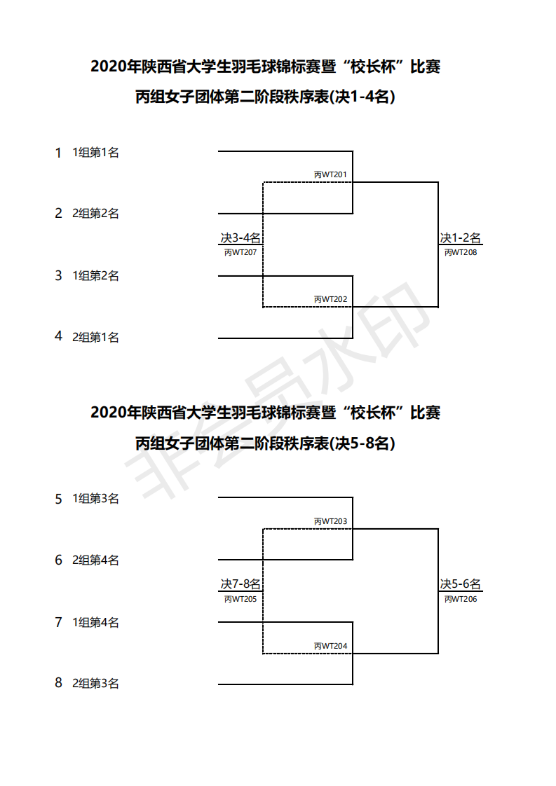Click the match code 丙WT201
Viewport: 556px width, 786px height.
coord(330,174)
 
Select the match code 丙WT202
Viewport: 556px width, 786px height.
coord(330,299)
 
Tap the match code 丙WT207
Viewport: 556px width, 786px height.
coord(240,252)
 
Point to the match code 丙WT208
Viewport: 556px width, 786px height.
coord(461,252)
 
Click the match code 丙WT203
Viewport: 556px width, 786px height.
coord(330,521)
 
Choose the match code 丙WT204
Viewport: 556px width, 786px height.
coord(330,646)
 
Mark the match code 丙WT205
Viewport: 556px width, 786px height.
coord(240,599)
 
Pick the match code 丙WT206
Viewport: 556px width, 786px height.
coord(461,599)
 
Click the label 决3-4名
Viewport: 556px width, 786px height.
coord(240,238)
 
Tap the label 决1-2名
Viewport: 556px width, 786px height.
coord(461,238)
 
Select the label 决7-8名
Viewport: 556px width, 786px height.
coord(240,584)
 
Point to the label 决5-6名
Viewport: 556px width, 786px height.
coord(461,584)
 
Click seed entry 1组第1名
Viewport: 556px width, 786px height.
coord(96,153)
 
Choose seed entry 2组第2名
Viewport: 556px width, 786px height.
coord(96,214)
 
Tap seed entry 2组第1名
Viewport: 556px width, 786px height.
coord(96,337)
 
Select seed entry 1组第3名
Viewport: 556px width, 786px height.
coord(96,499)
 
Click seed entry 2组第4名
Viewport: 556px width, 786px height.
coord(96,560)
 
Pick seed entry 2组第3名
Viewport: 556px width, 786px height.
coord(96,683)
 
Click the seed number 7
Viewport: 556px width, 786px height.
coord(59,622)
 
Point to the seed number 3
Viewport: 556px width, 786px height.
coord(59,275)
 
